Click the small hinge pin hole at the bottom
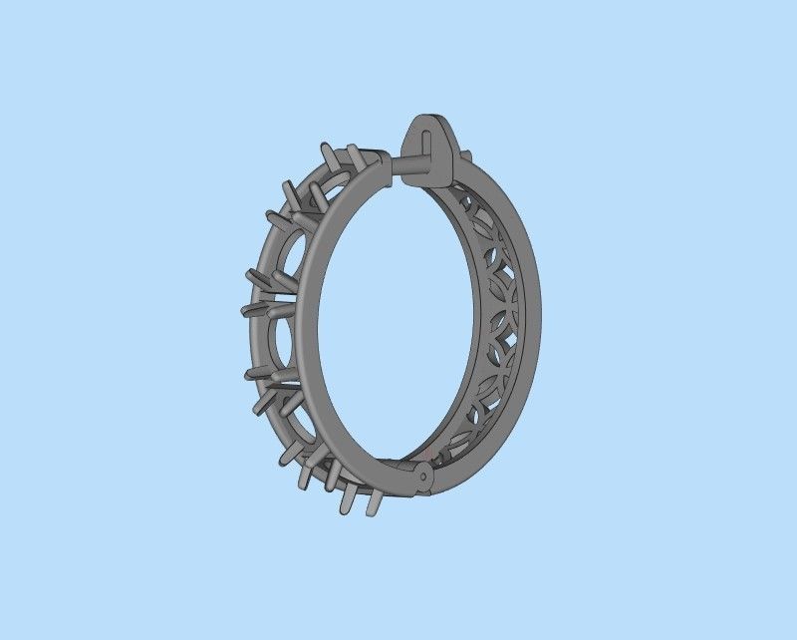click(423, 477)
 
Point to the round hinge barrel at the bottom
click(422, 477)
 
